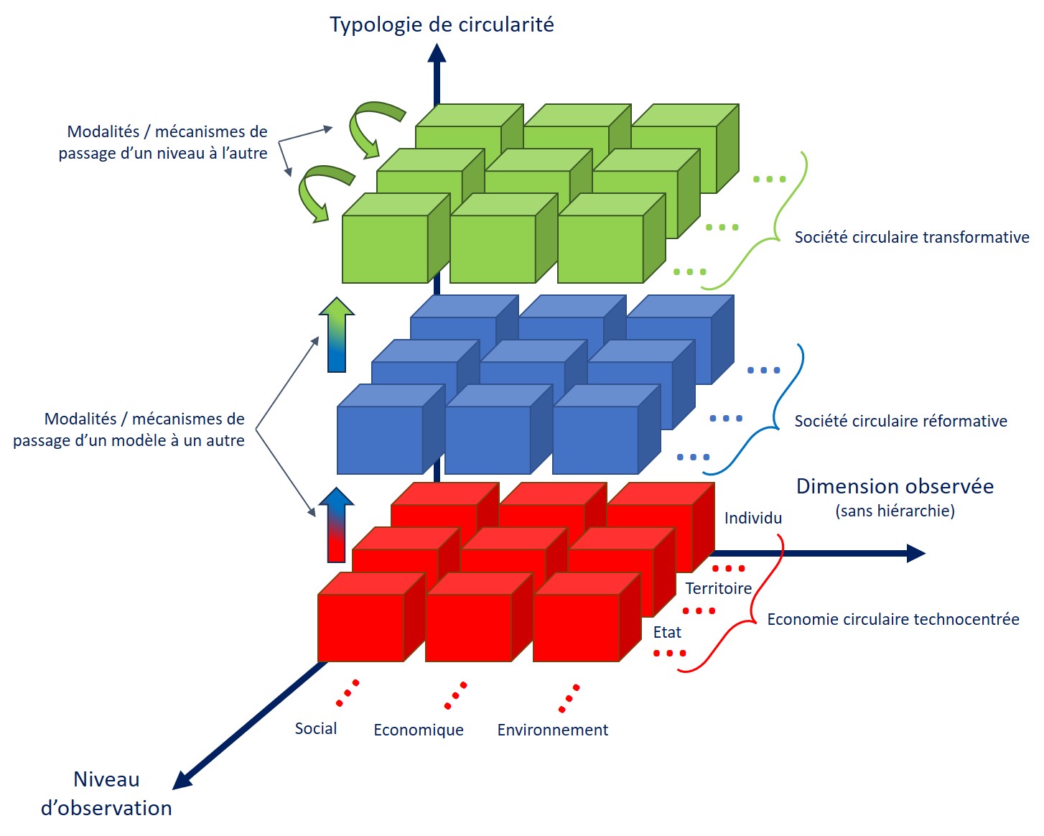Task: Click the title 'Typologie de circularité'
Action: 442,25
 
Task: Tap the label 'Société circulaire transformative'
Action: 911,238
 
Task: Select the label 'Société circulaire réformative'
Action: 900,422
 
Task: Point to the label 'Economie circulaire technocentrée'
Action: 892,620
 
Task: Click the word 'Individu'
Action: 752,519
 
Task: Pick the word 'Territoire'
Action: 718,589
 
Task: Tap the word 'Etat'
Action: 667,633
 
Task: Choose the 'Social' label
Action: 316,729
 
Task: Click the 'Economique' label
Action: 419,730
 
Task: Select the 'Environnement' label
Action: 552,730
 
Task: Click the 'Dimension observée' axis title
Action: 895,487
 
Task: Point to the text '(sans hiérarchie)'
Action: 895,511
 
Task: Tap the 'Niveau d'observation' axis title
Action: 106,794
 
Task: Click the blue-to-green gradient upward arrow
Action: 337,335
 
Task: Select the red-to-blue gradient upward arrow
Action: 337,525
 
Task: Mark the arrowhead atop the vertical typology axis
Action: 437,53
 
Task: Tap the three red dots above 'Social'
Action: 348,693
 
